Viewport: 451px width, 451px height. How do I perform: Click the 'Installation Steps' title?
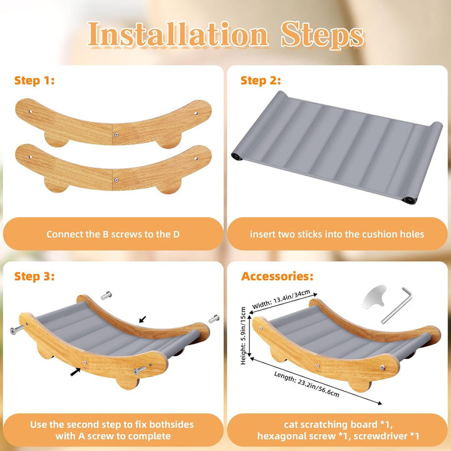(225, 34)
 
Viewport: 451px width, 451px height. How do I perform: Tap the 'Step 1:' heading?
(34, 80)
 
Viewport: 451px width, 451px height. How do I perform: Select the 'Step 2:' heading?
(261, 80)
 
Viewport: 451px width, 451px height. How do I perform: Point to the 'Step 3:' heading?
(34, 276)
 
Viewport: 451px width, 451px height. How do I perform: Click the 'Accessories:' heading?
(277, 276)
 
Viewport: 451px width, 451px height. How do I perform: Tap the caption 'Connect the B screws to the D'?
(113, 234)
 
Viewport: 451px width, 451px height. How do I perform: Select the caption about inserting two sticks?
(337, 234)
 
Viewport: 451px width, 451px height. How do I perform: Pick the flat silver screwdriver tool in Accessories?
(374, 297)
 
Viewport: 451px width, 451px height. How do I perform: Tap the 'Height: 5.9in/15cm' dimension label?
(243, 336)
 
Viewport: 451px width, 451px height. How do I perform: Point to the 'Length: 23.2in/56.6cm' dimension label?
(306, 384)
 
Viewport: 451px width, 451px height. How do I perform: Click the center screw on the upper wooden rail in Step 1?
(116, 134)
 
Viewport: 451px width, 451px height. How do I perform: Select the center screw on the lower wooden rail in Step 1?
(116, 180)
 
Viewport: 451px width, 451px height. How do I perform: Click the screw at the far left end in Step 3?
(18, 330)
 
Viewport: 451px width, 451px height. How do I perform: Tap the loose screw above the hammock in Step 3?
(106, 296)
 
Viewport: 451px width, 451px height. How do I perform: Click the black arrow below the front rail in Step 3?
(75, 371)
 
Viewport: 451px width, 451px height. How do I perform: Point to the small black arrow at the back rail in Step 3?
(142, 319)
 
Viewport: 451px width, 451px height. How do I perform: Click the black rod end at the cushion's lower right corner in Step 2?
(408, 200)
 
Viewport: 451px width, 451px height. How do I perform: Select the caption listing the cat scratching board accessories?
(338, 430)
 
